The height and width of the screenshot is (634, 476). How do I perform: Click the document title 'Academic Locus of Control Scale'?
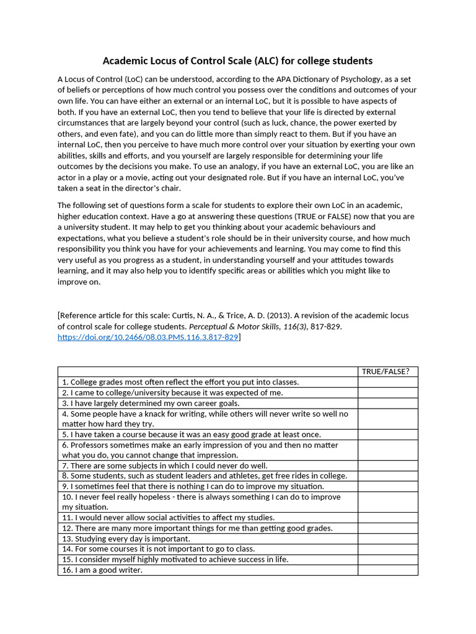pos(237,61)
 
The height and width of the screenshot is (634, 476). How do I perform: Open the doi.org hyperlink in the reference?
pos(148,337)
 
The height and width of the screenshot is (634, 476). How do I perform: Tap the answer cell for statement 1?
pos(387,382)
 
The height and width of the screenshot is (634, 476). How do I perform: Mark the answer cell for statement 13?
pos(387,538)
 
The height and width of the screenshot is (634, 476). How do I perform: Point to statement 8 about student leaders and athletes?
pos(205,475)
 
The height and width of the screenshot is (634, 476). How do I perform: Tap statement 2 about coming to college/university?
pos(172,393)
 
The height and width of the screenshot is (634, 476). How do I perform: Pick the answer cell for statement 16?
pos(387,570)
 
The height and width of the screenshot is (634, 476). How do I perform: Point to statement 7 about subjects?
pos(165,465)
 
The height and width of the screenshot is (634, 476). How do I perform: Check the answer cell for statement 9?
pos(387,486)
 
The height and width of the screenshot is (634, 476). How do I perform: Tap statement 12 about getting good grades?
pos(197,528)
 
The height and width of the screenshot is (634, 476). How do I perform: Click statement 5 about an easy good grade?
pos(191,434)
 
